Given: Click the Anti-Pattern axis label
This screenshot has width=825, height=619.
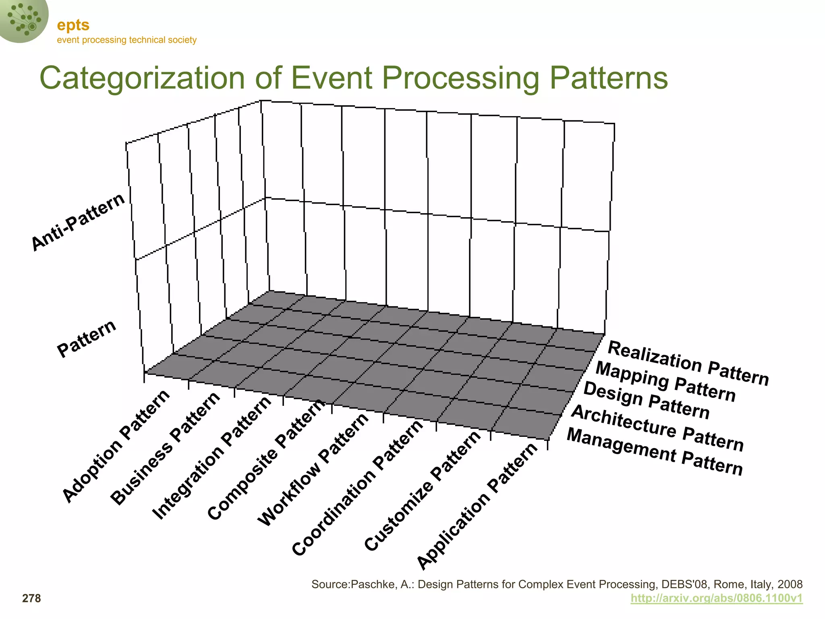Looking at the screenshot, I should [78, 222].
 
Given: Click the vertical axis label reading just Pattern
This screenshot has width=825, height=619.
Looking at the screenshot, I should [87, 339].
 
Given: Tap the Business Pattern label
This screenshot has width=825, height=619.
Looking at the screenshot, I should [166, 448].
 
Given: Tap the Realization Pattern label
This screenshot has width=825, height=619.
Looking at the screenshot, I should [688, 363].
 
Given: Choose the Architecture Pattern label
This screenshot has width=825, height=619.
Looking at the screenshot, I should [657, 428].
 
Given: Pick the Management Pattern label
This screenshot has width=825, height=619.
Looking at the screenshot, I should [655, 452].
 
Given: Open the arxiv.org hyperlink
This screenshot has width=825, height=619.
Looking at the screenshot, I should [716, 598].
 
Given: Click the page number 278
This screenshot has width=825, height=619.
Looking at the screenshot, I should [31, 598].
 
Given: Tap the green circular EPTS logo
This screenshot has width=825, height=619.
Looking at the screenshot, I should [23, 19].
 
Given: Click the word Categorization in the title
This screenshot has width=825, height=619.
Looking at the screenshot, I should [142, 78].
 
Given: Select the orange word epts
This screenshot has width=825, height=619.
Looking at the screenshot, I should [73, 25].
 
